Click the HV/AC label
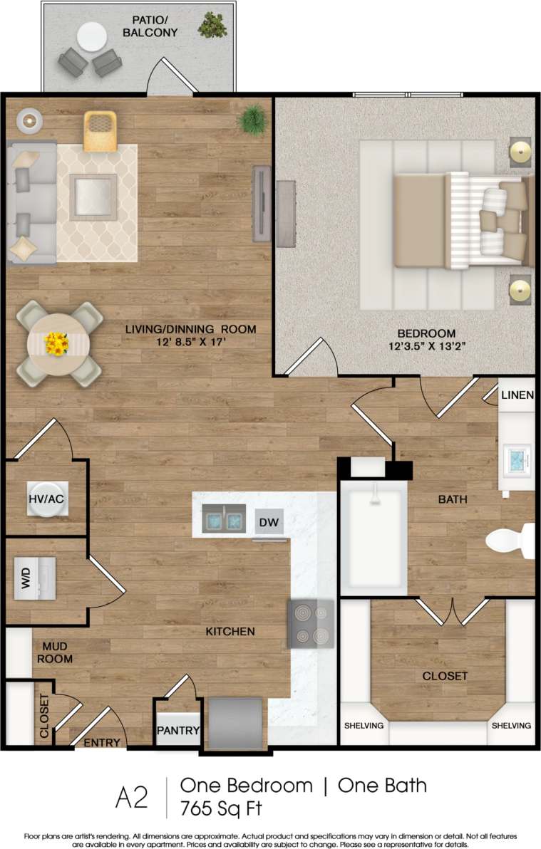tap(47, 499)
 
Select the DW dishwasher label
tap(269, 522)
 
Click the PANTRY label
tap(178, 731)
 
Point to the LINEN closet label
tap(517, 395)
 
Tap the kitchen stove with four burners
tap(310, 623)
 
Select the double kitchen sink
tap(224, 519)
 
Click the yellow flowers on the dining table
tap(56, 345)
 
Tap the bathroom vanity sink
tap(516, 459)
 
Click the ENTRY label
tap(101, 743)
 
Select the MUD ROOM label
tap(55, 652)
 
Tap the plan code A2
tap(132, 798)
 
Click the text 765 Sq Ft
tap(221, 808)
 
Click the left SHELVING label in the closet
tap(364, 726)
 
